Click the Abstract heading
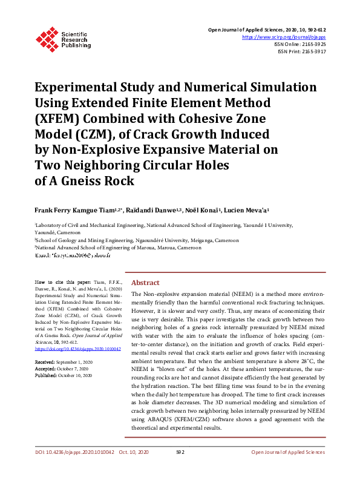[x=145, y=283]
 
